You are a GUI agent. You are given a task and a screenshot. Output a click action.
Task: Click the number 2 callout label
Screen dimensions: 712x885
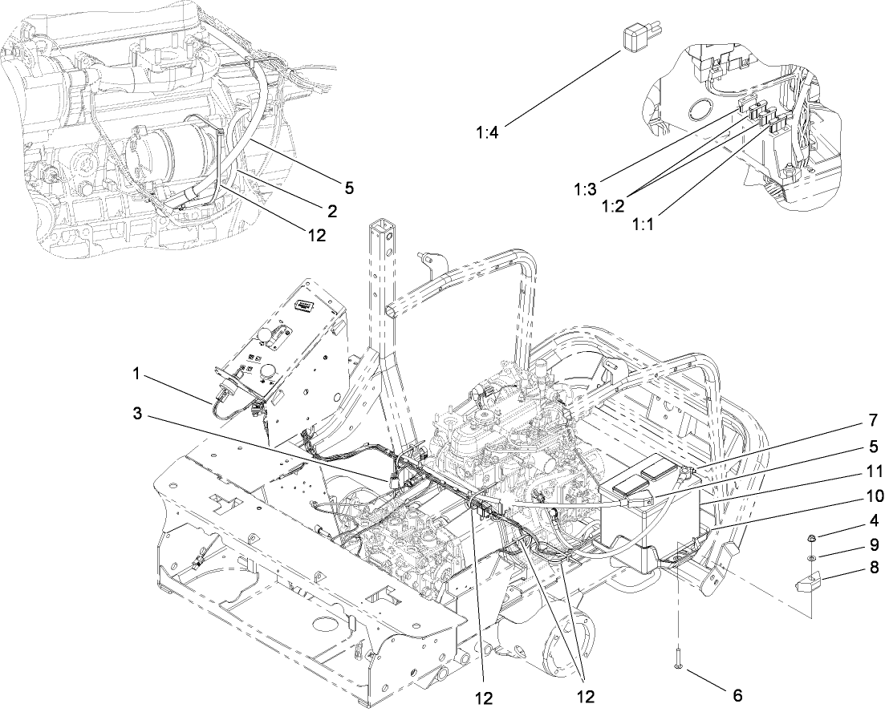click(331, 211)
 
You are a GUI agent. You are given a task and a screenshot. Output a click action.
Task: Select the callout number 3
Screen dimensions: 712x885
click(137, 414)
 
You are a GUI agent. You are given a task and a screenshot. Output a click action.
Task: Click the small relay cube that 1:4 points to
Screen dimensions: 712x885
click(634, 38)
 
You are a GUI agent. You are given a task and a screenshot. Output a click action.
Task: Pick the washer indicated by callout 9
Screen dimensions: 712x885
click(812, 557)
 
